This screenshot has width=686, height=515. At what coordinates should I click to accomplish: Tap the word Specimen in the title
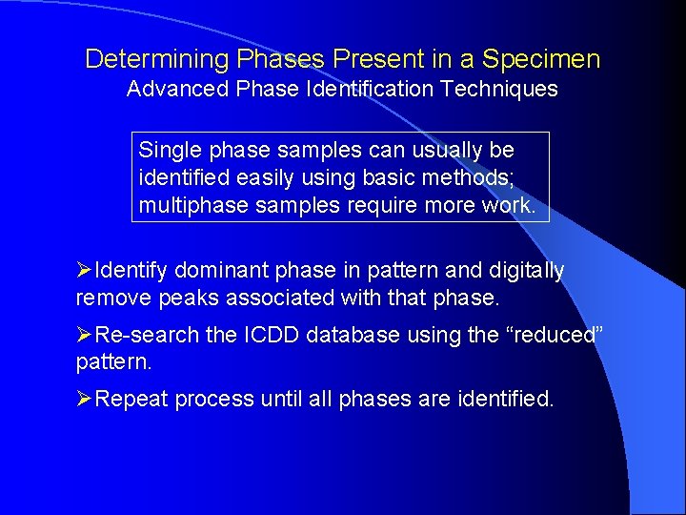click(541, 59)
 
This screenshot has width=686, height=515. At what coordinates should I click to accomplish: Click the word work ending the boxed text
click(512, 205)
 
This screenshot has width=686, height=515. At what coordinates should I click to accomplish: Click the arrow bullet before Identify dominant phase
click(85, 271)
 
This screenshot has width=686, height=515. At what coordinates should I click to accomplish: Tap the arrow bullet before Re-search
click(85, 336)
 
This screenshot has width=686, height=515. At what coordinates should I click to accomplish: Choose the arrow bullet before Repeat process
click(85, 400)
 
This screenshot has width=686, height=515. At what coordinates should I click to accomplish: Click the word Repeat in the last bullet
click(129, 400)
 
